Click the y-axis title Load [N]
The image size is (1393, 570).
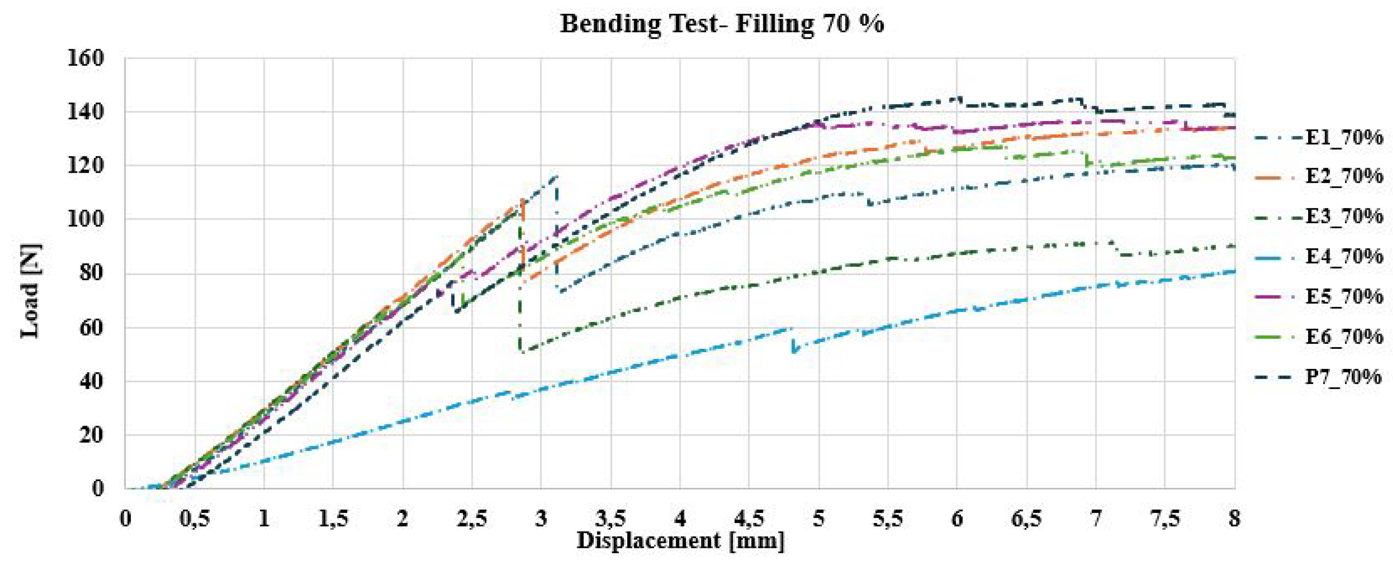[31, 292]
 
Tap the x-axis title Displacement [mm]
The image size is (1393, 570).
[680, 541]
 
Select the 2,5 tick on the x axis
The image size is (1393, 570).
[472, 519]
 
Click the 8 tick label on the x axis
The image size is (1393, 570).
[1233, 519]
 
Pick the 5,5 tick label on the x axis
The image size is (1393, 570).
[887, 519]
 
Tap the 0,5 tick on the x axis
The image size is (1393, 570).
[195, 519]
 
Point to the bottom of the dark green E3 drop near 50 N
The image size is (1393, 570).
[521, 351]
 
